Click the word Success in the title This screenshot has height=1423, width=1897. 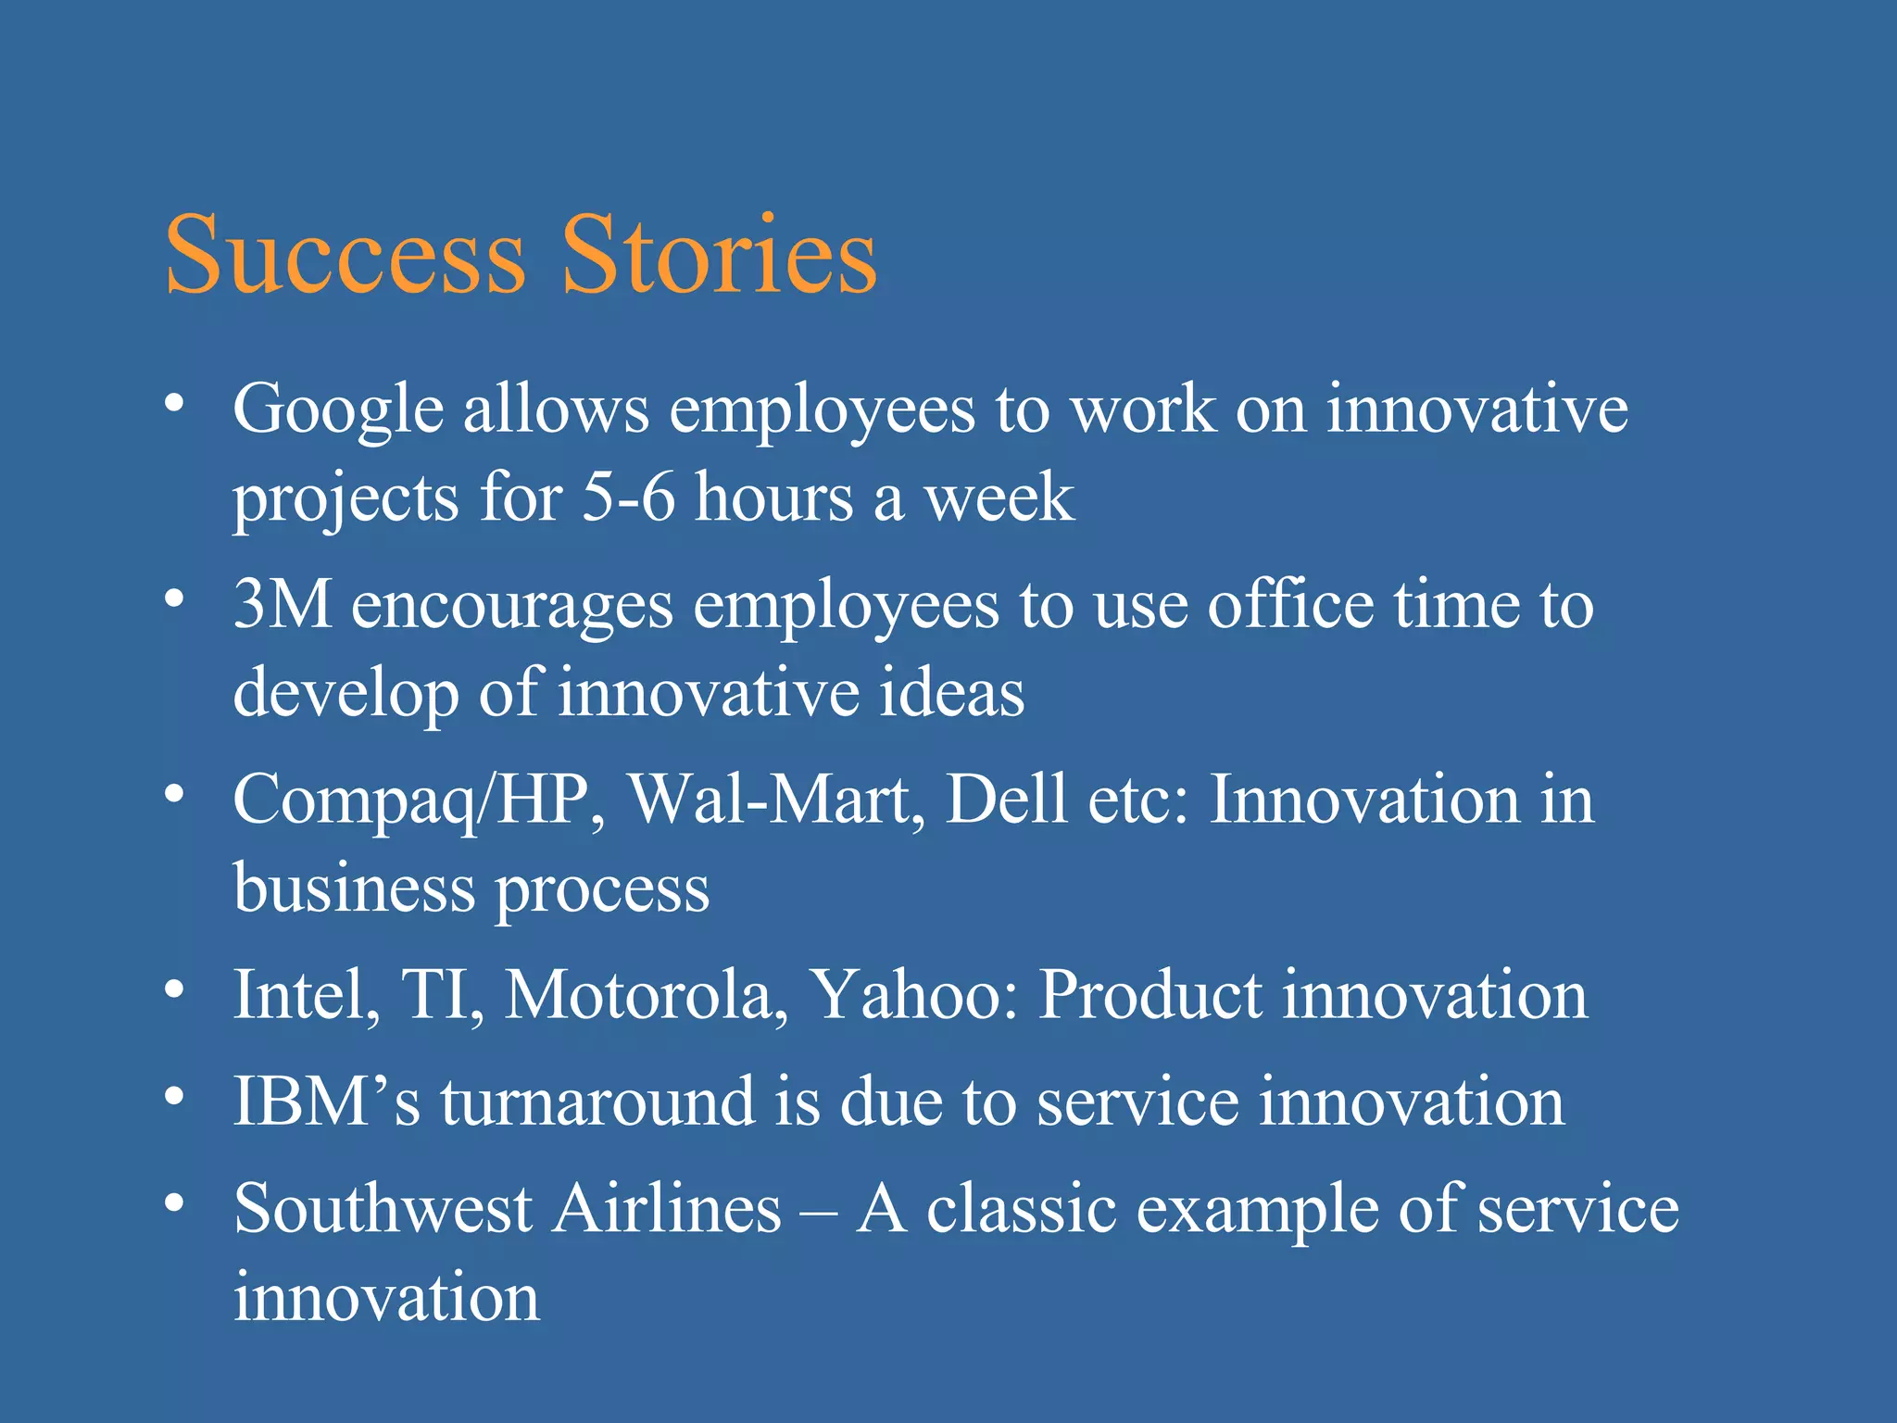tap(345, 255)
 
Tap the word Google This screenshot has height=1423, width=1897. tap(338, 409)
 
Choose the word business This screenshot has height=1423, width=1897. tap(354, 888)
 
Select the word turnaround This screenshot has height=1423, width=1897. tap(597, 1102)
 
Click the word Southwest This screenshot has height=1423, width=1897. tap(383, 1209)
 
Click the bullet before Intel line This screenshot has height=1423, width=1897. tap(173, 990)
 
